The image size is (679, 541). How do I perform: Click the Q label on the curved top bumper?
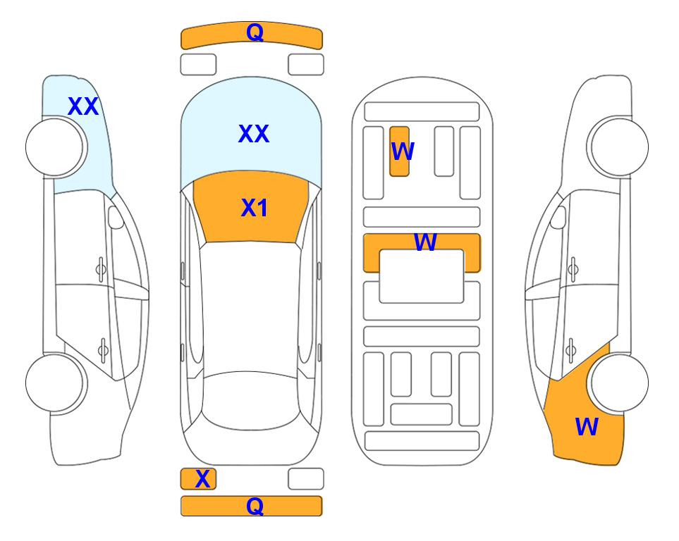pyautogui.click(x=255, y=32)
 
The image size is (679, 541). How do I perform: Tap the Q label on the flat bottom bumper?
pyautogui.click(x=255, y=506)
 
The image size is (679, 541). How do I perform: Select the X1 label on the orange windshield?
pyautogui.click(x=255, y=208)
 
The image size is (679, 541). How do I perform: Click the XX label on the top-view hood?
pyautogui.click(x=254, y=134)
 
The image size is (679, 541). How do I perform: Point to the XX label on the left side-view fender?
pyautogui.click(x=83, y=106)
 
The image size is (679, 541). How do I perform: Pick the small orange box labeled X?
pyautogui.click(x=198, y=479)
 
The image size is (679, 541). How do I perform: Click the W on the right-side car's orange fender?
pyautogui.click(x=587, y=427)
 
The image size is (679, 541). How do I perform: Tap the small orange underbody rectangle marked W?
pyautogui.click(x=399, y=151)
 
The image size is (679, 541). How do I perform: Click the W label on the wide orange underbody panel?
pyautogui.click(x=425, y=242)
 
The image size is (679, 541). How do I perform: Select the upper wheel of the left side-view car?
pyautogui.click(x=56, y=147)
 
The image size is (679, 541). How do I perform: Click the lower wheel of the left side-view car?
pyautogui.click(x=56, y=383)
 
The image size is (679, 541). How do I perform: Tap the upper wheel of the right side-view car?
pyautogui.click(x=618, y=147)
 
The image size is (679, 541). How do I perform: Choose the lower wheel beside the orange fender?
pyautogui.click(x=618, y=383)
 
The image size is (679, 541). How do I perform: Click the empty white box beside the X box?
pyautogui.click(x=306, y=479)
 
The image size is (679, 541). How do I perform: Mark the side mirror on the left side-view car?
pyautogui.click(x=116, y=217)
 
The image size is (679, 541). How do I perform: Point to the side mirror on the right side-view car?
pyautogui.click(x=558, y=217)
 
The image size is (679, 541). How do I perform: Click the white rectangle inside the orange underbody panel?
pyautogui.click(x=422, y=276)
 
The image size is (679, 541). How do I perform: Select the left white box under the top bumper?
pyautogui.click(x=198, y=65)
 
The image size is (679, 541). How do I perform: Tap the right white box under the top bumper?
pyautogui.click(x=306, y=65)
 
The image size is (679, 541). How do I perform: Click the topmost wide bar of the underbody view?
pyautogui.click(x=422, y=112)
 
